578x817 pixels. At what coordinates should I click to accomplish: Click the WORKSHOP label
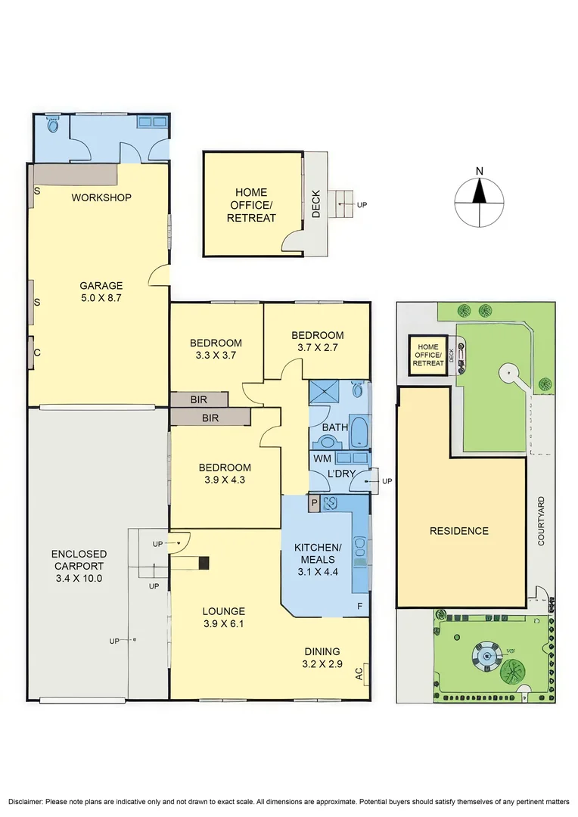point(101,197)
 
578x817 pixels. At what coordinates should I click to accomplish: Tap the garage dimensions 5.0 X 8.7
point(101,298)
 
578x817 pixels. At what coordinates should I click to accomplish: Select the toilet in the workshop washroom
point(52,125)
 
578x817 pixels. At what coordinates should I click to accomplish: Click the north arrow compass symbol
point(480,202)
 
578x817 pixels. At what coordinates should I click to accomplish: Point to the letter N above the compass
point(480,171)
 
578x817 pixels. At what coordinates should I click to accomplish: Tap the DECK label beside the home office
point(316,203)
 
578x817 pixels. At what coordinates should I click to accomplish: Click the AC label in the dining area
point(359,674)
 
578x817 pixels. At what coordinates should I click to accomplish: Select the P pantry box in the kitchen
point(314,503)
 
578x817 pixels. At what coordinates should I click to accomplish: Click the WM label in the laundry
point(322,458)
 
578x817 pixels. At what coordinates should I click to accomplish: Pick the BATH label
point(334,427)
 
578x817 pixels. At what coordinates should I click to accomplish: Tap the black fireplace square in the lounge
point(204,563)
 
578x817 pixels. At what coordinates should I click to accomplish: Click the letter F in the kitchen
point(359,606)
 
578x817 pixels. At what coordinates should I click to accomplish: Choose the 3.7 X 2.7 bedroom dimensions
point(318,347)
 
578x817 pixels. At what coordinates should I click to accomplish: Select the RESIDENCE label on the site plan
point(459,531)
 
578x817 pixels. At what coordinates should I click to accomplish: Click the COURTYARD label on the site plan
point(541,521)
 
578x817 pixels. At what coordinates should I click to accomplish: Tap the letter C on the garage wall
point(37,353)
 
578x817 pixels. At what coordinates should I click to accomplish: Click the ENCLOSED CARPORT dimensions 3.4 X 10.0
point(79,578)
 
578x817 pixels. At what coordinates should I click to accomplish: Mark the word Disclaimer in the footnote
point(26,801)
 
